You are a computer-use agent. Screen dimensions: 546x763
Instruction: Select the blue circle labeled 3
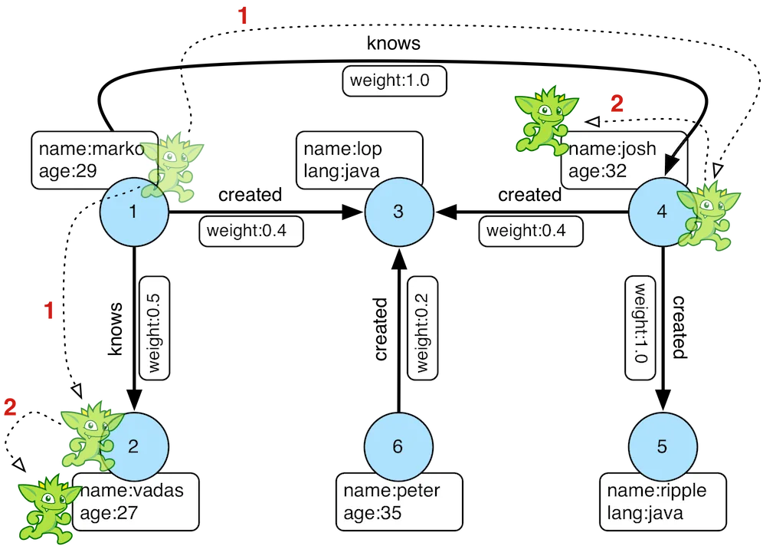[x=398, y=212]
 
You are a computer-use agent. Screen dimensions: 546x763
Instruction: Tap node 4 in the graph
[x=660, y=212]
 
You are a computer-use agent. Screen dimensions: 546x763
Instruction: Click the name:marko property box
[x=84, y=160]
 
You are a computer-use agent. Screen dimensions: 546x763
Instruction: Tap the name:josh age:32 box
[x=622, y=160]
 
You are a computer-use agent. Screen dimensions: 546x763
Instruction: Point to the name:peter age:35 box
[x=390, y=502]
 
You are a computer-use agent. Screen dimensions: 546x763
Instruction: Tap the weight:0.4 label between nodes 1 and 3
[x=251, y=230]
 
